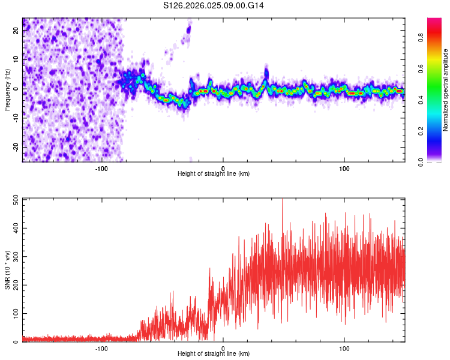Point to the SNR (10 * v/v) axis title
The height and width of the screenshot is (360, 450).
pos(7,270)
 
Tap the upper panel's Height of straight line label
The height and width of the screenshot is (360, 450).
pos(214,173)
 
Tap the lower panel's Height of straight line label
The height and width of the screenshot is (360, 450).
pos(214,353)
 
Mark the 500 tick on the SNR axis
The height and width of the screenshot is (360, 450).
pos(16,199)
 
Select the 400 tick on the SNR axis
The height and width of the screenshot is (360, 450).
pos(16,228)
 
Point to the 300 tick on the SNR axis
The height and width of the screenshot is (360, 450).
pos(16,256)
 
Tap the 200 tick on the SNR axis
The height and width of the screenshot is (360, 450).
pos(16,285)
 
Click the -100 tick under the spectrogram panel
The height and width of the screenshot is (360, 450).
pos(101,168)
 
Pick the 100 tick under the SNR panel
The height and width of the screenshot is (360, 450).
pos(344,348)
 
